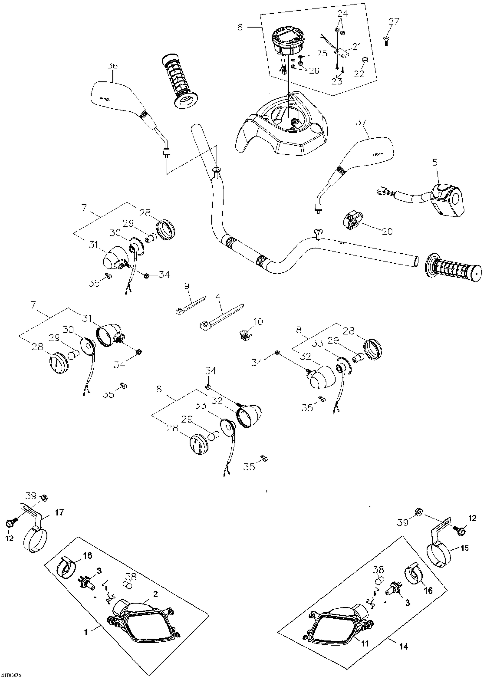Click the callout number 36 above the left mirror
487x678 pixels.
click(112, 66)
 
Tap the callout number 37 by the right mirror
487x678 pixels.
click(361, 122)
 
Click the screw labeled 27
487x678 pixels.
click(386, 42)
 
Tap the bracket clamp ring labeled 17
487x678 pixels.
click(35, 541)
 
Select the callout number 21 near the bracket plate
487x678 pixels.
click(356, 47)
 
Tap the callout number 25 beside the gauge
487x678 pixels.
click(322, 54)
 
